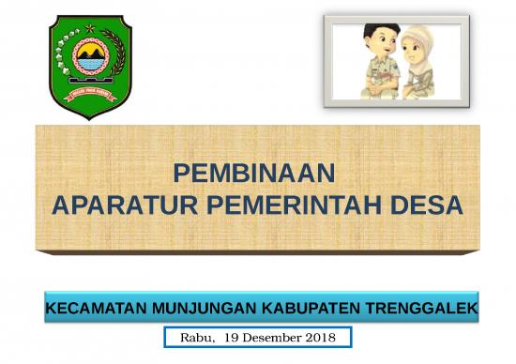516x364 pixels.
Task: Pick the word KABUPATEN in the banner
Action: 305,308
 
